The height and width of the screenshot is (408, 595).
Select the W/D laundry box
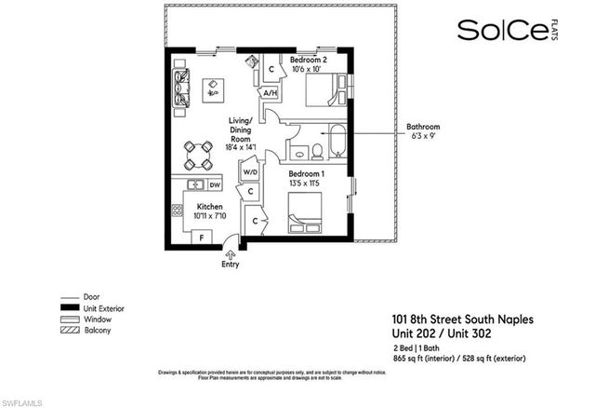pos(250,172)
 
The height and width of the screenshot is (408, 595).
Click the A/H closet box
pos(270,93)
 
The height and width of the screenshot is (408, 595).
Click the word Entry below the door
pos(230,264)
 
